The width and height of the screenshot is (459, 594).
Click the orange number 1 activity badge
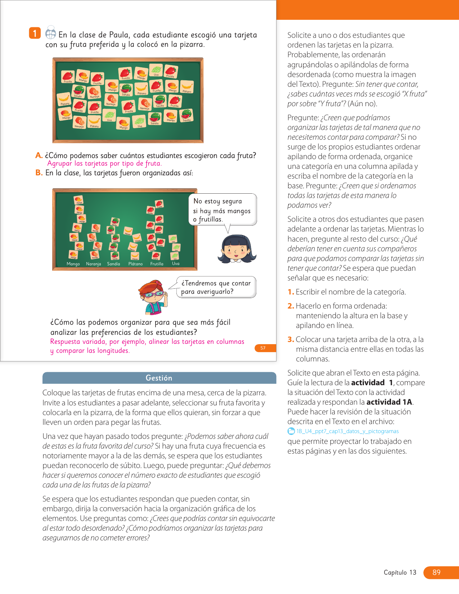tap(35, 33)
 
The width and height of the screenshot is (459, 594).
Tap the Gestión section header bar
tap(159, 378)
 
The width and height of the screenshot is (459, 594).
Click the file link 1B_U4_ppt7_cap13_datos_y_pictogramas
tap(347, 431)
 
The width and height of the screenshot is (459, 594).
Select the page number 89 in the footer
tap(436, 572)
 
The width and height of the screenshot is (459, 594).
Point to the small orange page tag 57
tap(263, 348)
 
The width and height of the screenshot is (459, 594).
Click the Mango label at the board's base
tap(73, 264)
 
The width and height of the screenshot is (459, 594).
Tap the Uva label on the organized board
tap(176, 264)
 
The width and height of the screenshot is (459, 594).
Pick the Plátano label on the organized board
tap(135, 264)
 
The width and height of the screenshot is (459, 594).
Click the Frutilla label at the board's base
tap(157, 264)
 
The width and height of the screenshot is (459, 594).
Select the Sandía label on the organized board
tap(113, 264)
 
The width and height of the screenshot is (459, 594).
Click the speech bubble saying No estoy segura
tap(222, 210)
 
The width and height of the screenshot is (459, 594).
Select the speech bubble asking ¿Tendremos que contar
tap(216, 287)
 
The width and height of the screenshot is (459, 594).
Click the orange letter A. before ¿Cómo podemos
tap(39, 156)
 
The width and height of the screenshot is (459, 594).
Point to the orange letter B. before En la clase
tap(39, 173)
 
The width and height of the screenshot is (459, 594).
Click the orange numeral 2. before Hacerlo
tap(291, 306)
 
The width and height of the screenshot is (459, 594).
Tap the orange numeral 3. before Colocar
tap(291, 339)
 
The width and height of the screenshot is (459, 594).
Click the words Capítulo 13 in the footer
tap(400, 572)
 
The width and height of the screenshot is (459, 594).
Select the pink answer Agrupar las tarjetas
tap(104, 163)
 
